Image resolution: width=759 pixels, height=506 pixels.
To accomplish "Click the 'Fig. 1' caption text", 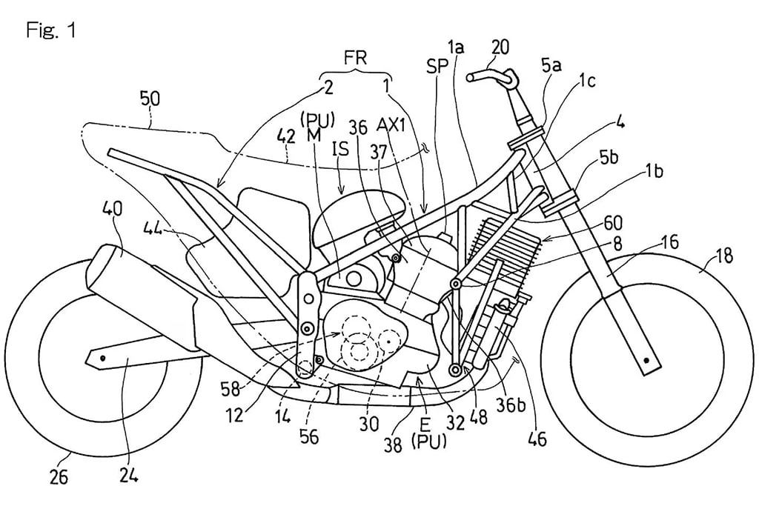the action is (x=51, y=31).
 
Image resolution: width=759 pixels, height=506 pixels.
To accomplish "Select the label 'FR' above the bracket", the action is (x=355, y=58).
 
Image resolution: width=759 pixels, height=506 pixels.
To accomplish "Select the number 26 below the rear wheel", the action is (x=59, y=477).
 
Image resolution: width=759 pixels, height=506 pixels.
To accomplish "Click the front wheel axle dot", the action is (x=646, y=360).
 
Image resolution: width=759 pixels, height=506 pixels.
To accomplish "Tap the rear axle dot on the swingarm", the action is (x=103, y=358).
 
